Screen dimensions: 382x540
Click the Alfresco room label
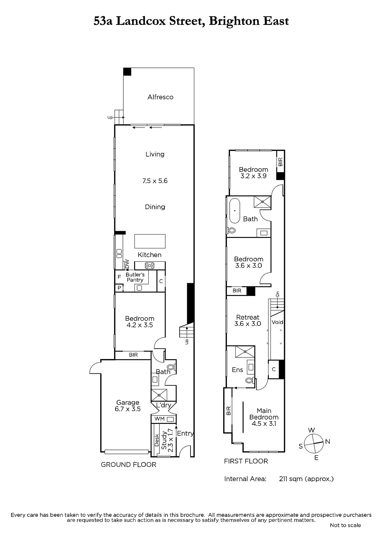(x=160, y=97)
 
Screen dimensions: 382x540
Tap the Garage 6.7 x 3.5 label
(x=128, y=405)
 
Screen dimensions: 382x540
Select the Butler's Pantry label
(x=135, y=277)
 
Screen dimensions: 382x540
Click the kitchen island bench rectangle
(x=150, y=241)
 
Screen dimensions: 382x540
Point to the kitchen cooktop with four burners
(x=150, y=266)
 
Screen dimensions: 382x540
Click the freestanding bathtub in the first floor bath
(x=234, y=211)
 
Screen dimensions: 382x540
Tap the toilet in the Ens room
(x=249, y=380)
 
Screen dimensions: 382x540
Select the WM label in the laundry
(x=159, y=419)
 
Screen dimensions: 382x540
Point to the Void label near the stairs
(x=277, y=322)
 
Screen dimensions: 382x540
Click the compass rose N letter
(x=328, y=442)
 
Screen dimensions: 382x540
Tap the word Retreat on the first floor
(x=248, y=317)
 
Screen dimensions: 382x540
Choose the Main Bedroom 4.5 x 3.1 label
(x=264, y=417)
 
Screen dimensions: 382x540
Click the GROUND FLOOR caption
(x=128, y=464)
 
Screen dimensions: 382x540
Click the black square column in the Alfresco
(x=127, y=72)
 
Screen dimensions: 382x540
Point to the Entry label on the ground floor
(x=185, y=433)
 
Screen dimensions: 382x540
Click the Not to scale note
(x=345, y=525)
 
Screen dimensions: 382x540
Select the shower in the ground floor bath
(x=159, y=395)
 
